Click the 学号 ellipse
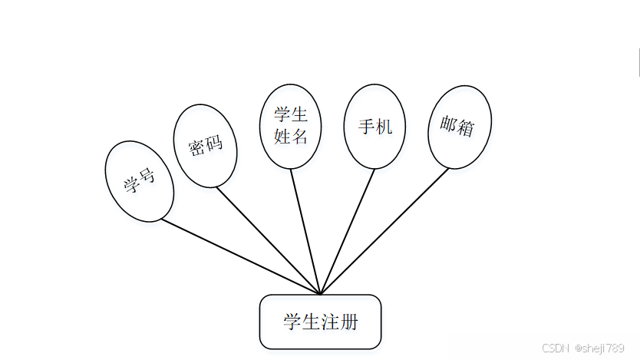click(x=139, y=181)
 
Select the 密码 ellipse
click(x=205, y=146)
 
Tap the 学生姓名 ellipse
click(x=291, y=126)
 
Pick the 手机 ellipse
click(x=374, y=126)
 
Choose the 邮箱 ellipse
click(x=459, y=127)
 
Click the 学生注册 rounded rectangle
click(x=320, y=322)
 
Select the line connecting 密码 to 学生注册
click(x=269, y=240)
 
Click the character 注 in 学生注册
click(x=330, y=322)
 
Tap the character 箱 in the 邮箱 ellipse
click(x=466, y=128)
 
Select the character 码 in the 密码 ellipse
click(x=214, y=143)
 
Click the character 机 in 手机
click(x=384, y=126)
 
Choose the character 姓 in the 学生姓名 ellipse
click(x=282, y=137)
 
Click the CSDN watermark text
click(x=554, y=348)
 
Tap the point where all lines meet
click(x=321, y=294)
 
